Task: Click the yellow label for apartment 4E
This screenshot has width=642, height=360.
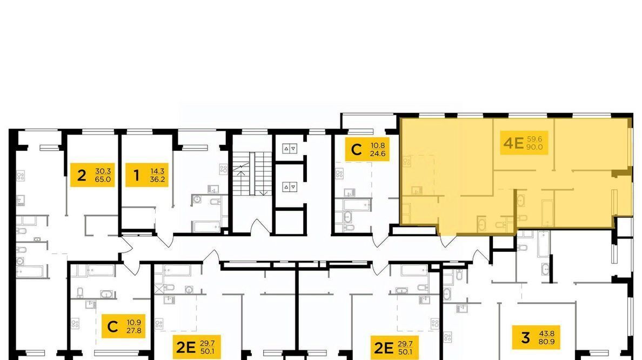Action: [524, 143]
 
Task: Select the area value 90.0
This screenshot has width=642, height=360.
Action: [534, 147]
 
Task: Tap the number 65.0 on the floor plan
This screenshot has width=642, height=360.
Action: [103, 179]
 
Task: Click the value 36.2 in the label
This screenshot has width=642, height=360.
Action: [158, 179]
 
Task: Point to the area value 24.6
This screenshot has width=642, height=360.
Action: [378, 154]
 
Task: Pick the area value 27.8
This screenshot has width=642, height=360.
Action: [134, 330]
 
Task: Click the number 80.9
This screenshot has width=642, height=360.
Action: [547, 341]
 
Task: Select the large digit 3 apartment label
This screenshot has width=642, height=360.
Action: [525, 337]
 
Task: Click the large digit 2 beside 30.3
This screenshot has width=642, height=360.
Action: [82, 175]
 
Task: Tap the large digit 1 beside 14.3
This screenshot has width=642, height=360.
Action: [136, 175]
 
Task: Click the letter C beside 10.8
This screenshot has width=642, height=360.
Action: [357, 150]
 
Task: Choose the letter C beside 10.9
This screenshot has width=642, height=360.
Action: [112, 326]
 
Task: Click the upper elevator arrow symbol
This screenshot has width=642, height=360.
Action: [290, 149]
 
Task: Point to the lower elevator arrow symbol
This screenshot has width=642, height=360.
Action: [290, 187]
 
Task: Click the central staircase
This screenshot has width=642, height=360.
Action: [252, 174]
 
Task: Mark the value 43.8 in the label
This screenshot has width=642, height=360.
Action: [547, 334]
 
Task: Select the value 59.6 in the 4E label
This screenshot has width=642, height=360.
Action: [534, 139]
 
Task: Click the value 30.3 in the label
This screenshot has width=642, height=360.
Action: [103, 171]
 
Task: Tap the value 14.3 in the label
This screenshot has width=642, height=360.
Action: [158, 171]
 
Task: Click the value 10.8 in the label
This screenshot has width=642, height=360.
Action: [378, 145]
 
